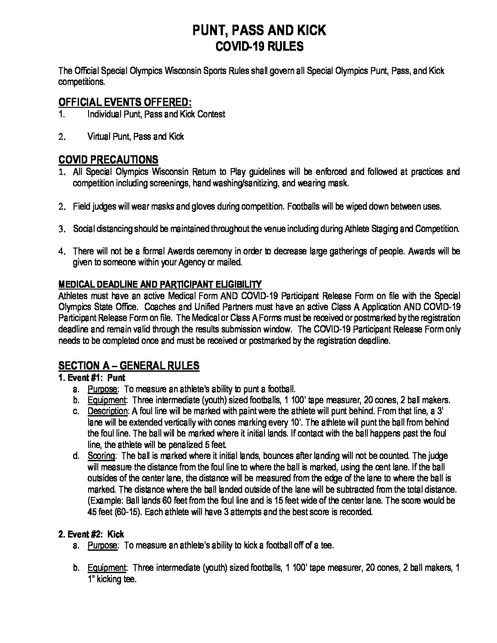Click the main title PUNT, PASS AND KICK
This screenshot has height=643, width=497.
coord(259,30)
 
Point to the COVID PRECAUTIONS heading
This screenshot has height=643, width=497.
coord(108,159)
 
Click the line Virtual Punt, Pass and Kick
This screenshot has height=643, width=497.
coord(135,137)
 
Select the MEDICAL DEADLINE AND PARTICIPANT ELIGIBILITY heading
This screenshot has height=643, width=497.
coord(160,284)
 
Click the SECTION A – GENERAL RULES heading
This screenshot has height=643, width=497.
coord(129,365)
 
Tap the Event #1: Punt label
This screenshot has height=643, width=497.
coord(92,378)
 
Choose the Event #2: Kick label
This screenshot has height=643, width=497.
coord(91,534)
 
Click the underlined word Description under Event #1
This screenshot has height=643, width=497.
coord(109,411)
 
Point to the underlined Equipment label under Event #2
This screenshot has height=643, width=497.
coord(106,568)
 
